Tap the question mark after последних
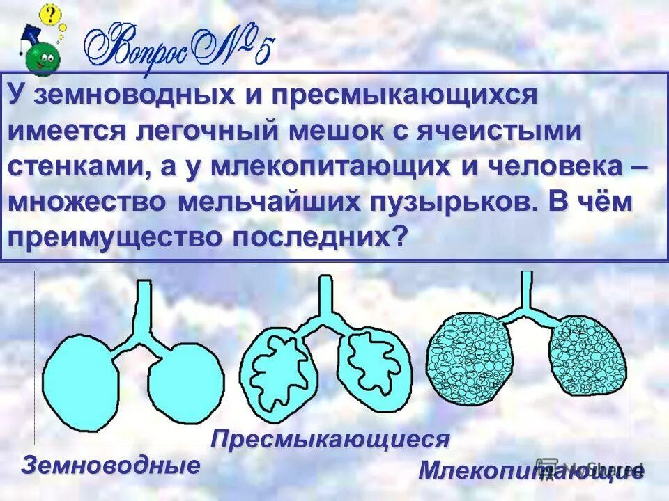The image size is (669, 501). (399, 237)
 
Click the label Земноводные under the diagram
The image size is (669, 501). (109, 464)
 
